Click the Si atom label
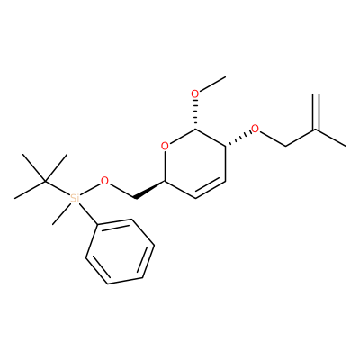(75, 198)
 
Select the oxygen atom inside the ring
(165, 147)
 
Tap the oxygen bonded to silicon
(104, 181)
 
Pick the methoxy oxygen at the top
(195, 94)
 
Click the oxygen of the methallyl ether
(256, 129)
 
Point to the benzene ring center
(120, 251)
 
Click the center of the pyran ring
(195, 164)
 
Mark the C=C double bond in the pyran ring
(210, 188)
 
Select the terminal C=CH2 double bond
(316, 112)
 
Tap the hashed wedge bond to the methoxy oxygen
(195, 115)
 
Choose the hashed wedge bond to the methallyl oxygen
(238, 139)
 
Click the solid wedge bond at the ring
(149, 189)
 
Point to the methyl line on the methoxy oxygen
(212, 84)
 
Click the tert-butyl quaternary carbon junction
(45, 181)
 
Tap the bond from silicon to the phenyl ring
(88, 214)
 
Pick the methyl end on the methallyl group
(346, 147)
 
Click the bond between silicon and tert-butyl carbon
(58, 188)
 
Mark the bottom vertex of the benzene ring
(107, 283)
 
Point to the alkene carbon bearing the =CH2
(316, 130)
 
